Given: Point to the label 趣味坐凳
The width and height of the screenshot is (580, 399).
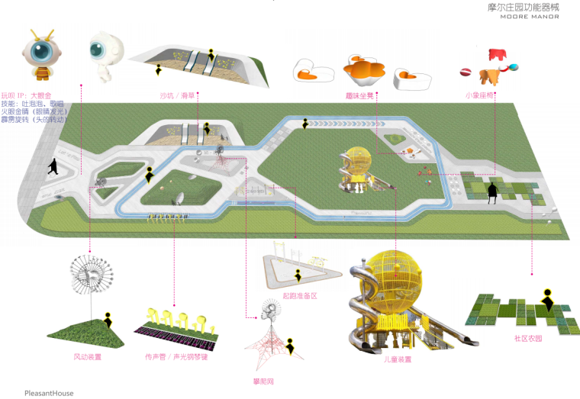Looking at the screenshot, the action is click(359, 96).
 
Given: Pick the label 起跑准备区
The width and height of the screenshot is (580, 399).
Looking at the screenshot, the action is click(300, 294).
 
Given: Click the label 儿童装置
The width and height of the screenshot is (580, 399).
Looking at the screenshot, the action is click(398, 359).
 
